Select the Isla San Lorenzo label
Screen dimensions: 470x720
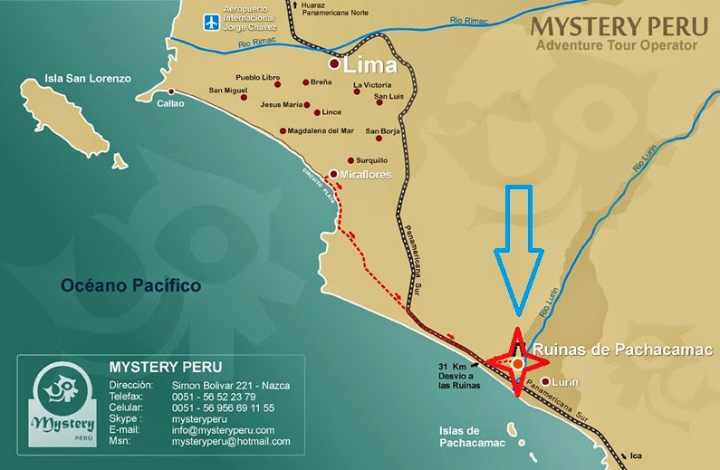point(88,79)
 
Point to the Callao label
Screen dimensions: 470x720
point(170,103)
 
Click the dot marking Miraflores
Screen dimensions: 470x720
point(333,174)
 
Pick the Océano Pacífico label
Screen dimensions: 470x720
point(130,285)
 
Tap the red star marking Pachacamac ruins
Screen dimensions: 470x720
point(518,363)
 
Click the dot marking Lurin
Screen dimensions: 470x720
point(546,382)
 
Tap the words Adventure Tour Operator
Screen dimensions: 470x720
point(617,44)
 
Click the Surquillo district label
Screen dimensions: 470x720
point(372,160)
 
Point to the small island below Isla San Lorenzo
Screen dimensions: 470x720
point(119,160)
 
